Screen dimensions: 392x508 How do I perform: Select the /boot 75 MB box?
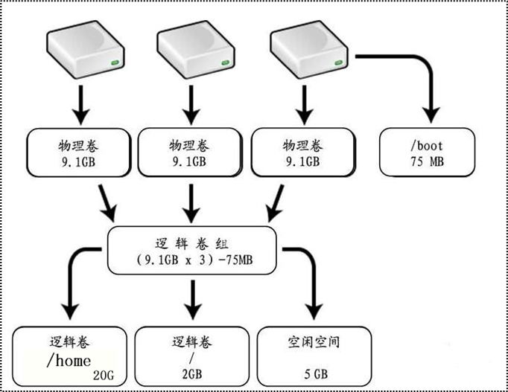point(426,152)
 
